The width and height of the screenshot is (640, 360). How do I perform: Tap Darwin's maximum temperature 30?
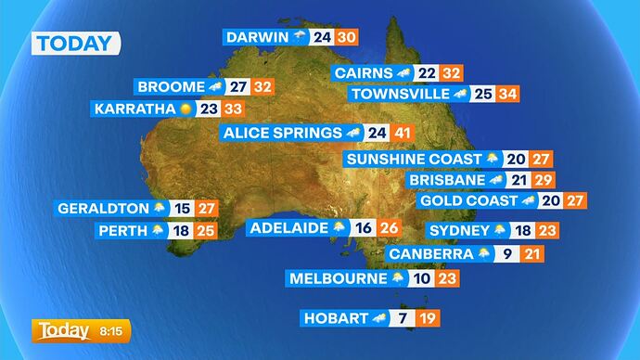point(346,37)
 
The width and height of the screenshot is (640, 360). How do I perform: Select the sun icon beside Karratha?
point(186,109)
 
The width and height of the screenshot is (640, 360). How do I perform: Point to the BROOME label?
point(170,86)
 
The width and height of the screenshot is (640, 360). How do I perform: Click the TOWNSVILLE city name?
point(399,94)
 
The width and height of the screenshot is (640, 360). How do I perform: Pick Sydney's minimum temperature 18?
point(523,230)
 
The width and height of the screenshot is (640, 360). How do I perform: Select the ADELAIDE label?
point(288,227)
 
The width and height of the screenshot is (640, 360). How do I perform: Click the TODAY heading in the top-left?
point(76,43)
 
